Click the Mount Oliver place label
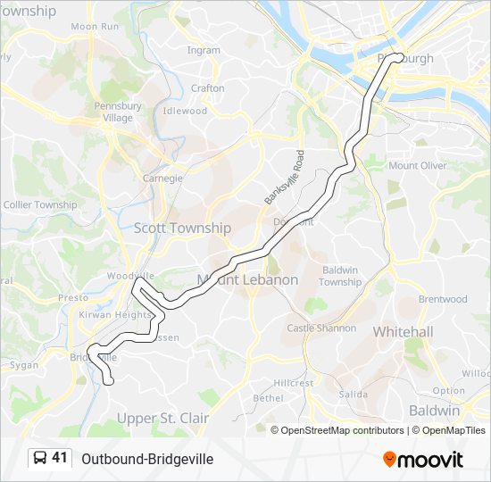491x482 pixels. [418, 165]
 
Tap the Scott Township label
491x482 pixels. [182, 228]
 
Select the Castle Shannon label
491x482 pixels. [321, 328]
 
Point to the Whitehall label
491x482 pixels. [403, 332]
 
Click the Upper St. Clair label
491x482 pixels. [163, 418]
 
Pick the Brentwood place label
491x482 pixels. [443, 299]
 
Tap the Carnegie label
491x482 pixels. [162, 178]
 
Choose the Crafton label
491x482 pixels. [207, 88]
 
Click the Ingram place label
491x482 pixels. [204, 51]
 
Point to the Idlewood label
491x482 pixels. [185, 112]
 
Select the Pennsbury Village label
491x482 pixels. [118, 112]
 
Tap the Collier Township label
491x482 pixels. [40, 204]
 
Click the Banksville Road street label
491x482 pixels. [285, 176]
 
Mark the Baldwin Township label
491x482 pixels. [340, 276]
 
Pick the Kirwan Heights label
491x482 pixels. [115, 315]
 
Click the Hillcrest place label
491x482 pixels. [294, 382]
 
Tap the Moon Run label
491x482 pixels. [96, 27]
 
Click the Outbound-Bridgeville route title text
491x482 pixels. [147, 459]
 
